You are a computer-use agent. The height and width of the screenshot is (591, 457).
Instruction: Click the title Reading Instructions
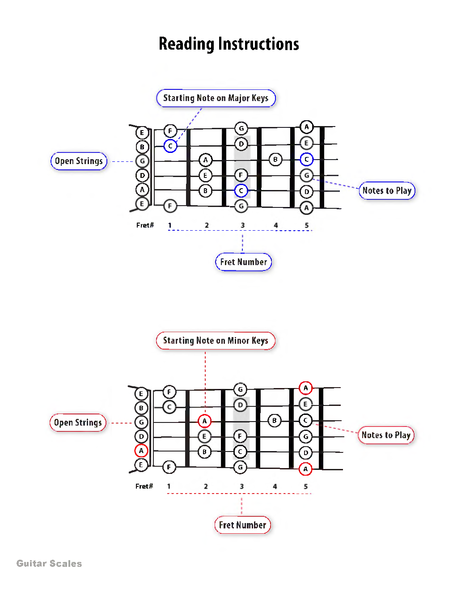click(x=228, y=44)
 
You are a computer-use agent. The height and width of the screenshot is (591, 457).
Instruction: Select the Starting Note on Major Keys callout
click(x=216, y=98)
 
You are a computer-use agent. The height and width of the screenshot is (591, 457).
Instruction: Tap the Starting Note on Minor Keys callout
click(x=216, y=341)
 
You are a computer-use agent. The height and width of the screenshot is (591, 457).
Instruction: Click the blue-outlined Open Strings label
click(x=79, y=161)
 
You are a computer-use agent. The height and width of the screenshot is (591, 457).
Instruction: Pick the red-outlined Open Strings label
click(x=78, y=422)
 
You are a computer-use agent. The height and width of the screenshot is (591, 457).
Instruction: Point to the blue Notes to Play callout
click(x=387, y=190)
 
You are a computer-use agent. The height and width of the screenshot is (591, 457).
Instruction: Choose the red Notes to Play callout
click(x=386, y=435)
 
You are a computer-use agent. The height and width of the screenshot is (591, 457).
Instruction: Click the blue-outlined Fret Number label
click(x=243, y=262)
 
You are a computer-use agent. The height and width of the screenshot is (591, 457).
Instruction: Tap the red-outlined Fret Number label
click(x=242, y=525)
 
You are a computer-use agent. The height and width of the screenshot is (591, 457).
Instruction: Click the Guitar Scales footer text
click(x=49, y=563)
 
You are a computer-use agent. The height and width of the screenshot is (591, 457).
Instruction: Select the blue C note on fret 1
click(x=170, y=146)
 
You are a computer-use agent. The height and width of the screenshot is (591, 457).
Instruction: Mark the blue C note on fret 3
click(x=241, y=190)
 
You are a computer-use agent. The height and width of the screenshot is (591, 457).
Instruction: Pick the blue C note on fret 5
click(x=306, y=159)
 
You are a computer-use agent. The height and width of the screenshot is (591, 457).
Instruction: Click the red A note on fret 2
click(x=204, y=421)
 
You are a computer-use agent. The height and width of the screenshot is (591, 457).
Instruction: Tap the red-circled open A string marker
click(x=141, y=451)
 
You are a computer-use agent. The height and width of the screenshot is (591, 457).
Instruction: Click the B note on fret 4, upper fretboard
click(x=275, y=159)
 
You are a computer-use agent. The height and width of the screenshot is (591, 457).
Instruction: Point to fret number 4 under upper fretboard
click(x=276, y=225)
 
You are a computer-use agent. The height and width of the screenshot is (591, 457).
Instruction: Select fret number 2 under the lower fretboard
click(x=206, y=486)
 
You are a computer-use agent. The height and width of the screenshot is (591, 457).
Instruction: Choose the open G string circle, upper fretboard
click(x=142, y=161)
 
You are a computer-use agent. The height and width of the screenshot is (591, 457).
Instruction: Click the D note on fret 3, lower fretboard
click(x=240, y=405)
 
